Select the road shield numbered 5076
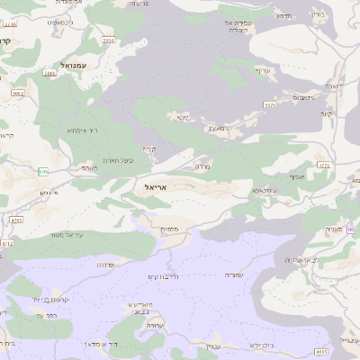pyautogui.click(x=269, y=105)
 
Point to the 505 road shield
pyautogui.click(x=43, y=171)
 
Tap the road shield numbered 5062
pyautogui.click(x=17, y=92)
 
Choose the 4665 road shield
pyautogui.click(x=322, y=352)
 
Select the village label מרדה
pyautogui.click(x=202, y=166)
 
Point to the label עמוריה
pyautogui.click(x=233, y=274)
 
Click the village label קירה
pyautogui.click(x=148, y=148)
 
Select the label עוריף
pyautogui.click(x=262, y=70)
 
